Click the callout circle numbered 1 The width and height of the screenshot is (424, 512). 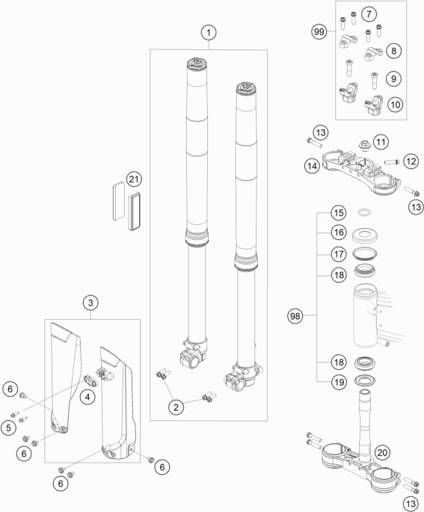(209, 32)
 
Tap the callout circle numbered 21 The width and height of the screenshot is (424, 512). (134, 179)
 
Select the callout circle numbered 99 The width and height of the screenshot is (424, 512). (319, 31)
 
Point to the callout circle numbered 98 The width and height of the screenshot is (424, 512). (295, 316)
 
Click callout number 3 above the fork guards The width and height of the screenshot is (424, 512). (90, 303)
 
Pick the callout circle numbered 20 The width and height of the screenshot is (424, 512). (382, 452)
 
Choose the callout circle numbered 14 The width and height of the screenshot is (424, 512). (312, 166)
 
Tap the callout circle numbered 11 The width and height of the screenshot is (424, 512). (381, 142)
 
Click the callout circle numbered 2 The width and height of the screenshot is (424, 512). (176, 407)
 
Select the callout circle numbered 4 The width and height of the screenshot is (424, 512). (87, 397)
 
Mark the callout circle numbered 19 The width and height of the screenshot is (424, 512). (339, 382)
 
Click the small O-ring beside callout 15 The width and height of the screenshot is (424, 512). (364, 212)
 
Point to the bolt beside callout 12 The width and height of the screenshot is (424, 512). (393, 161)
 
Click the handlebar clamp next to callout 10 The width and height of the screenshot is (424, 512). (374, 105)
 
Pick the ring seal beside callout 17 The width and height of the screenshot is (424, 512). (365, 253)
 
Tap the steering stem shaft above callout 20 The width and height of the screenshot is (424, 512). (365, 422)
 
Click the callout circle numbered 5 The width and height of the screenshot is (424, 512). (9, 428)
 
